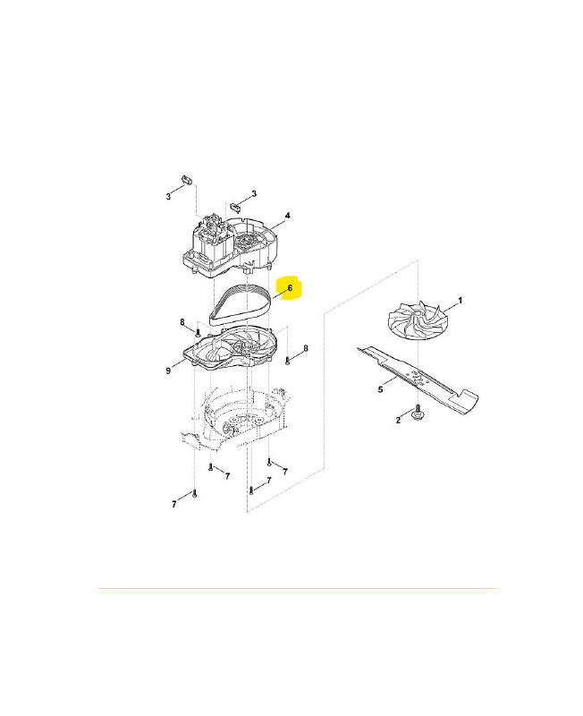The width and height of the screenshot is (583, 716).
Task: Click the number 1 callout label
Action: (460, 301)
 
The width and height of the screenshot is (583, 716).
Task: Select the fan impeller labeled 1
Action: (417, 320)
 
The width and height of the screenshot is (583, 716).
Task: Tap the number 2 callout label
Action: (398, 420)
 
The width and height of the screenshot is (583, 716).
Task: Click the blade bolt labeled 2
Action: (417, 412)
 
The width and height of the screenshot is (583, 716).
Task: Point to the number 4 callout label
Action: (287, 216)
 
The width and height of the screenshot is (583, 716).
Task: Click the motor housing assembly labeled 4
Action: (231, 247)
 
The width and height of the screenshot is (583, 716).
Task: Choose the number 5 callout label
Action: (380, 389)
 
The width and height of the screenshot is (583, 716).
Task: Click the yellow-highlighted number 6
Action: (290, 288)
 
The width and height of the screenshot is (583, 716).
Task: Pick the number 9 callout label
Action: (168, 371)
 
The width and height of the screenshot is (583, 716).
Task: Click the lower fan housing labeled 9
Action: (230, 348)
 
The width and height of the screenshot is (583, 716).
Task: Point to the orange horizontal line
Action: (297, 588)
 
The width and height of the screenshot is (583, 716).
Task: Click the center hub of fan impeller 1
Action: (418, 313)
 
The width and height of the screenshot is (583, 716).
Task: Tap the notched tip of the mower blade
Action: (469, 402)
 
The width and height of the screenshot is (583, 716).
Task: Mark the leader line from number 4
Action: (277, 223)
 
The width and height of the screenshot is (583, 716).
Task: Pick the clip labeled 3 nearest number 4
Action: (235, 207)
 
